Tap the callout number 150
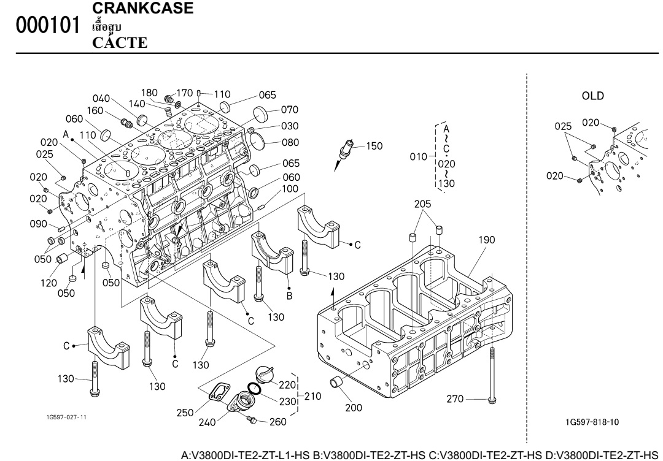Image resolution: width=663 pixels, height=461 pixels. (374, 146)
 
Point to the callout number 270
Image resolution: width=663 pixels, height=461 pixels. (454, 400)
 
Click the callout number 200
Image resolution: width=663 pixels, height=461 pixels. (353, 407)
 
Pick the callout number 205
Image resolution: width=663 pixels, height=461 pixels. (422, 204)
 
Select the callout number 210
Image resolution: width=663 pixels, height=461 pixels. (313, 396)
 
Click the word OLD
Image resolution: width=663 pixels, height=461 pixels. (592, 96)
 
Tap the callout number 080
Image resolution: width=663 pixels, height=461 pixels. (290, 143)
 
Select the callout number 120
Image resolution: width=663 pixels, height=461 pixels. (49, 283)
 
